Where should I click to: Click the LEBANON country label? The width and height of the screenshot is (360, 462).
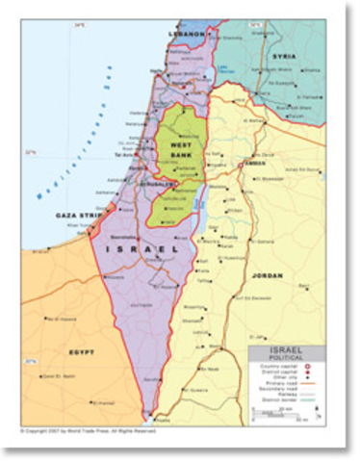[188, 34]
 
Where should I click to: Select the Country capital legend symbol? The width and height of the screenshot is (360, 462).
[310, 368]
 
